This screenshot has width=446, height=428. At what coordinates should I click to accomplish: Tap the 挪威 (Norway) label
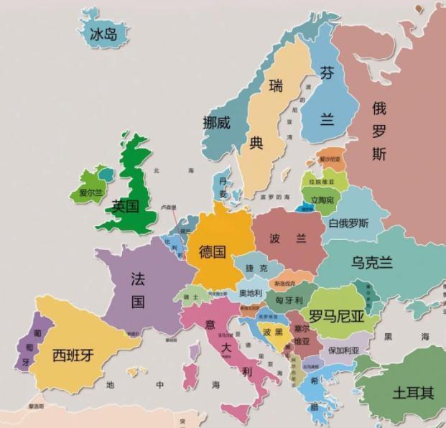(216, 122)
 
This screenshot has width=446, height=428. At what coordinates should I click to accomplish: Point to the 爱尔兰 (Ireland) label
(91, 192)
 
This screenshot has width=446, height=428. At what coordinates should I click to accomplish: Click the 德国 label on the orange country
(213, 251)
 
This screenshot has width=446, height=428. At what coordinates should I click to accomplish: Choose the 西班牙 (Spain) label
(73, 354)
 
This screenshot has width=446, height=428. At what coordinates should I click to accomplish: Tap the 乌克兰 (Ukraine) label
(371, 262)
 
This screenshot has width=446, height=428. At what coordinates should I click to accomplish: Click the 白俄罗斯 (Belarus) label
(349, 223)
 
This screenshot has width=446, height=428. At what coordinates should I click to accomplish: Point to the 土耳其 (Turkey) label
(413, 393)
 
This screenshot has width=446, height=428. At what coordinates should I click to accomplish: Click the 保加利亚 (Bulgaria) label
(343, 350)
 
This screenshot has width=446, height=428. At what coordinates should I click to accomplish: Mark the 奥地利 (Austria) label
(251, 292)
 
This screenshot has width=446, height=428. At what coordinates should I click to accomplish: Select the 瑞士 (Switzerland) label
(190, 296)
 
